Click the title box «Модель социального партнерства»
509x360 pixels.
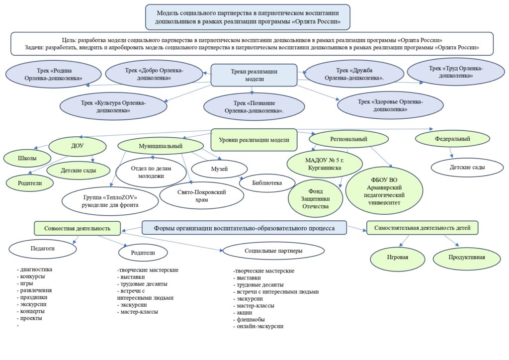coord(248,17)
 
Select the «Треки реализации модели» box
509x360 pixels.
coord(254,75)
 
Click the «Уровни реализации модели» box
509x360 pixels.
coord(254,140)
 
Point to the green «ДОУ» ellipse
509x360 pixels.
coord(78,146)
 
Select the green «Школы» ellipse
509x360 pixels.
coord(27,159)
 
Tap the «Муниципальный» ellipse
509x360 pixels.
coord(161,146)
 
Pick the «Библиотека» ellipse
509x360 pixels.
coord(267,183)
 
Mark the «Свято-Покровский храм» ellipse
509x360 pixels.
coord(194,195)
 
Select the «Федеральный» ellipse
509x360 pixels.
coord(452,139)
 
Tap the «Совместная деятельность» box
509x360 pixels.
coord(77,228)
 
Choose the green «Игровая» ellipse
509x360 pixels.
coord(398,257)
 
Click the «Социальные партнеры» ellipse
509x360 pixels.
coord(273,251)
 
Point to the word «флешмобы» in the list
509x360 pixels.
coord(250,319)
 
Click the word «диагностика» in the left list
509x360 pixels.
coord(36,270)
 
